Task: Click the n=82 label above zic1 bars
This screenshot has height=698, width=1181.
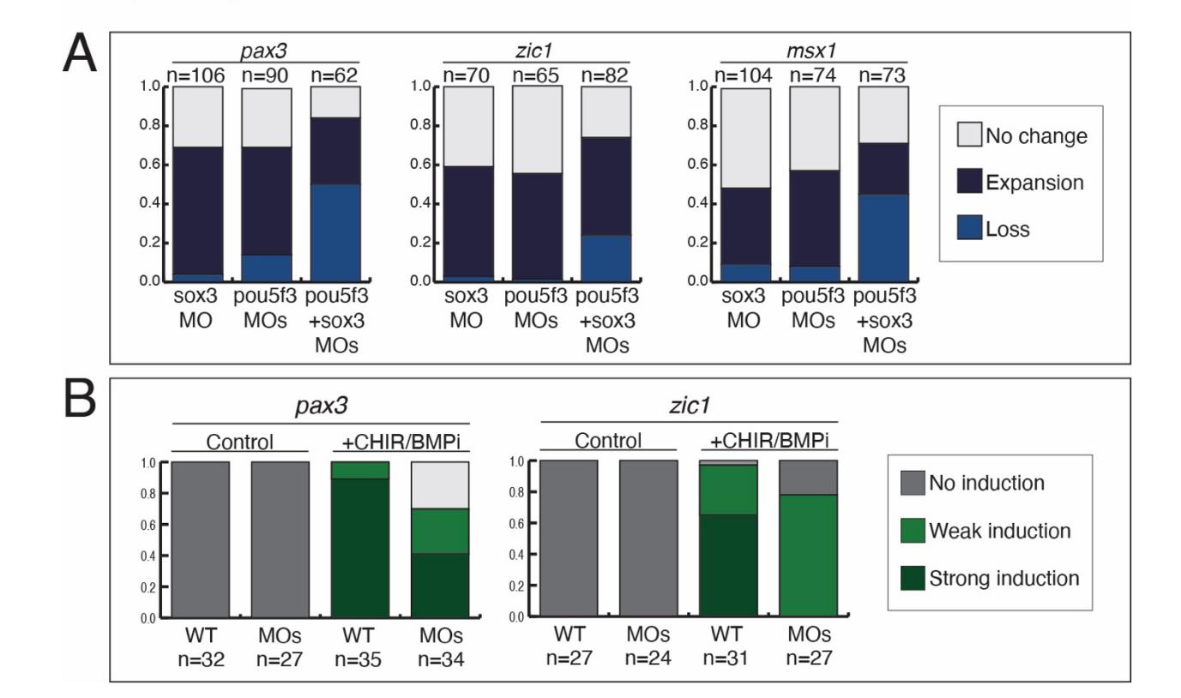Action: coord(605,76)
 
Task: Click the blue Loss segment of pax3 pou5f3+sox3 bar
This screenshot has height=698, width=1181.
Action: coord(335,232)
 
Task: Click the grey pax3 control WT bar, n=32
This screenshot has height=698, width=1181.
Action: coord(200,539)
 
